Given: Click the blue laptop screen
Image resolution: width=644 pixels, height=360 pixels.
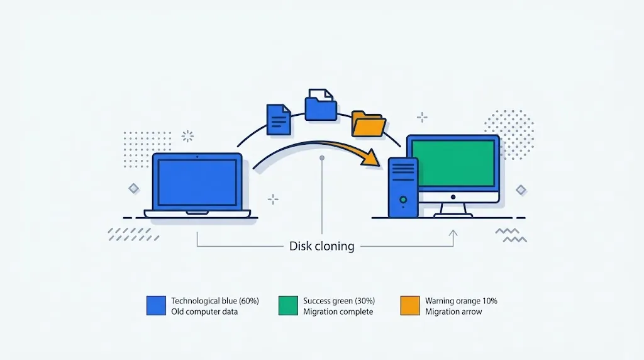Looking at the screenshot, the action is pyautogui.click(x=197, y=183).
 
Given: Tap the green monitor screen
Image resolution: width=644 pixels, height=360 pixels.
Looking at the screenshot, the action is pyautogui.click(x=453, y=163).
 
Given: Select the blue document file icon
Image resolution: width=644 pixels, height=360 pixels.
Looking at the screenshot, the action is pyautogui.click(x=279, y=120).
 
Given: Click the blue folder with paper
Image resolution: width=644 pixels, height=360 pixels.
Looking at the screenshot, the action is pyautogui.click(x=321, y=105).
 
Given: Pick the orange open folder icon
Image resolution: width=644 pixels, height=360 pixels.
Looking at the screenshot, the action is pyautogui.click(x=369, y=124).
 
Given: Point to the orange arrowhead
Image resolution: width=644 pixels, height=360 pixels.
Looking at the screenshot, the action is pyautogui.click(x=370, y=158).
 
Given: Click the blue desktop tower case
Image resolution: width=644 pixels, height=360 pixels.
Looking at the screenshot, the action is pyautogui.click(x=403, y=188).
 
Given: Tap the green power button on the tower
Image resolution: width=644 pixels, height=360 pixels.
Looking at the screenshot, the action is pyautogui.click(x=403, y=200).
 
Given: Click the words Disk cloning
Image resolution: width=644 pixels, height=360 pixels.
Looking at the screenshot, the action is pyautogui.click(x=321, y=246).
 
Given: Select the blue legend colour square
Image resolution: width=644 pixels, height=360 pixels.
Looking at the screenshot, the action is pyautogui.click(x=156, y=306).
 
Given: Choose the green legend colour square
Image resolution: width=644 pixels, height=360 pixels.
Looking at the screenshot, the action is pyautogui.click(x=288, y=306).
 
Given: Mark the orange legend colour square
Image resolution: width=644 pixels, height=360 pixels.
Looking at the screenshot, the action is pyautogui.click(x=410, y=306).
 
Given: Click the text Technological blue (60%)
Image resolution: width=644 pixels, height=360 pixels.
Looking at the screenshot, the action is pyautogui.click(x=215, y=301).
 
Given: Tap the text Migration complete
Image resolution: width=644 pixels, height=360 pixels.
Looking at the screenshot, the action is pyautogui.click(x=338, y=312).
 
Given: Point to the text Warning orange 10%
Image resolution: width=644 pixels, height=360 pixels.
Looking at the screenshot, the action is pyautogui.click(x=461, y=301).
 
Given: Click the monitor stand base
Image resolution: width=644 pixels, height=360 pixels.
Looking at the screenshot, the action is pyautogui.click(x=453, y=215).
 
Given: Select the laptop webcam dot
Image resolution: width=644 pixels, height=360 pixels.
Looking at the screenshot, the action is pyautogui.click(x=197, y=157).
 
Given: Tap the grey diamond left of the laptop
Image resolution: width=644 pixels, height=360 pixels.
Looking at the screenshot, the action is pyautogui.click(x=133, y=189).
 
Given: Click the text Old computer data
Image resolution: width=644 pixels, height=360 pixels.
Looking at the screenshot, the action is pyautogui.click(x=204, y=312).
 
